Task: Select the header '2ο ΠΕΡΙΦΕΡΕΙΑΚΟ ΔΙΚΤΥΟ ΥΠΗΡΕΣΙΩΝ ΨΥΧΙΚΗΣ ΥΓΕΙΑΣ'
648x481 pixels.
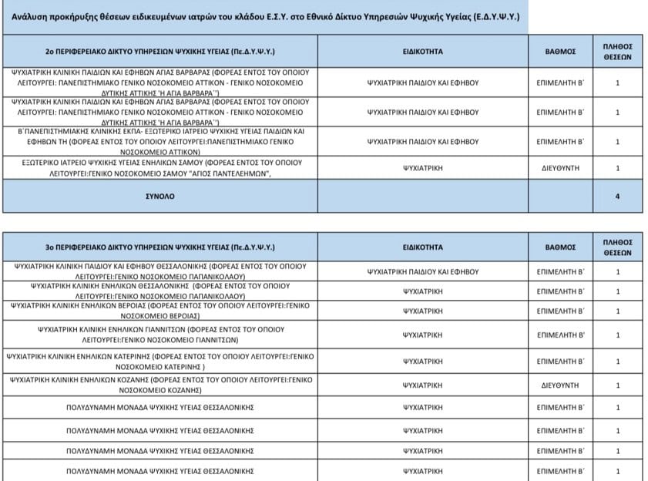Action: point(160,52)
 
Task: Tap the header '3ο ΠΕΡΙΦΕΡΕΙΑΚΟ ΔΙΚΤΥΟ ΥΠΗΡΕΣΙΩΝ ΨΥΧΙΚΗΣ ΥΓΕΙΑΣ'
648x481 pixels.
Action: point(160,247)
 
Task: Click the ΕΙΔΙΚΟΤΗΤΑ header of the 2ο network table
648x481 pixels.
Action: point(422,52)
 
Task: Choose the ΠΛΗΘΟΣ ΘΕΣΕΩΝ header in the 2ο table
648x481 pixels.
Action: point(617,52)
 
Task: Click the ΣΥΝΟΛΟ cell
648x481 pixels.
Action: point(160,197)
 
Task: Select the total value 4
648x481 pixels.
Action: point(617,197)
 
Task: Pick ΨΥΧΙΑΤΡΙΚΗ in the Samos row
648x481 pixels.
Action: point(422,168)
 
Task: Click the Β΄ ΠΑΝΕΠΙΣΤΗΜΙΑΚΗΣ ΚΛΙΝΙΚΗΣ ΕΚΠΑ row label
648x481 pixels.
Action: point(160,142)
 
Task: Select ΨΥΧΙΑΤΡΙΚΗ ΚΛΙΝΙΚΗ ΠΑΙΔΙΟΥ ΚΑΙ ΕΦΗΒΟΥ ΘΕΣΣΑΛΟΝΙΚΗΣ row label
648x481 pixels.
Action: point(160,271)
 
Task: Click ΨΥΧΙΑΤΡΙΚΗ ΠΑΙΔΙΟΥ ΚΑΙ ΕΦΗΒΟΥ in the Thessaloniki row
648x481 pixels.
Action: point(422,271)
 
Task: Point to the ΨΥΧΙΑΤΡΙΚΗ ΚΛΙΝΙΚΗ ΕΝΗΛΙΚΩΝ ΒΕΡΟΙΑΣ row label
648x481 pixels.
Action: point(160,311)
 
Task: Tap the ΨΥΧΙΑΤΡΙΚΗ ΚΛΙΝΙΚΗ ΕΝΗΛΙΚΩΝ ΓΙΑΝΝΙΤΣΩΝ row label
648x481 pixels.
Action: point(160,335)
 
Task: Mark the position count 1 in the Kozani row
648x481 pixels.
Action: point(617,385)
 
